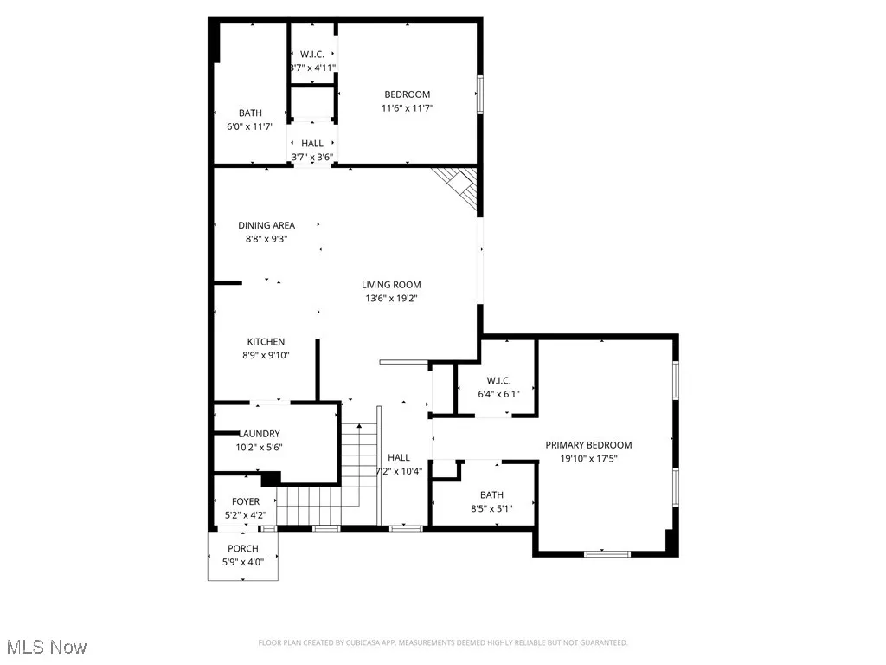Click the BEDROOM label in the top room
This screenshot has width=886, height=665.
coord(407,94)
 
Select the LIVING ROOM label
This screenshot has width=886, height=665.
coord(391,284)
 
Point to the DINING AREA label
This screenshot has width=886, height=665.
coord(266,225)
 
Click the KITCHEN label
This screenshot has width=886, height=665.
coord(266,342)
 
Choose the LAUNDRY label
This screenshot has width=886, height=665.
coord(260,434)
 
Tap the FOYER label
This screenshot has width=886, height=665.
coord(245,502)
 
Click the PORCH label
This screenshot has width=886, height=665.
coord(243,549)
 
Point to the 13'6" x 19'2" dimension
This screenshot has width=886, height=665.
coord(391,298)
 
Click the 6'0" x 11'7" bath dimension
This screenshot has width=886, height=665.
coord(250,126)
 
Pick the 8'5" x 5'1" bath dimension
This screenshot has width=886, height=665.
coord(491,508)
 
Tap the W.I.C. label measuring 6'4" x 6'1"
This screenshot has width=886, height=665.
coord(499,380)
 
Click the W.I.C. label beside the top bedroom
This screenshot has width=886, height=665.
coord(312,53)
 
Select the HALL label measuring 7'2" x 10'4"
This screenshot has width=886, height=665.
coord(399,458)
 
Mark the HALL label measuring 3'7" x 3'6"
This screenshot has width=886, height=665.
coord(312,144)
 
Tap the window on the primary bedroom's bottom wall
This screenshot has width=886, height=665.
coord(602,552)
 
